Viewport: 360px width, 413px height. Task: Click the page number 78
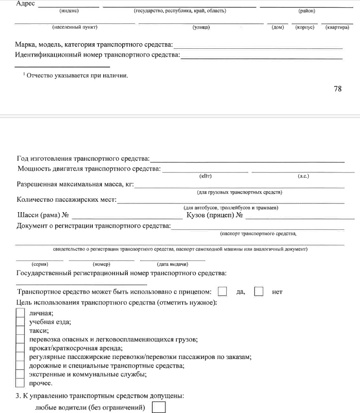pyautogui.click(x=338, y=89)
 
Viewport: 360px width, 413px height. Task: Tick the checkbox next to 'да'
pyautogui.click(x=222, y=292)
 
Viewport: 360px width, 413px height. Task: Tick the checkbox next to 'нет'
pyautogui.click(x=259, y=292)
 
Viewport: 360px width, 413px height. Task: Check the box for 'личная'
pyautogui.click(x=20, y=313)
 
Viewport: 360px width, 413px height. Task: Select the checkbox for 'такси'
pyautogui.click(x=20, y=330)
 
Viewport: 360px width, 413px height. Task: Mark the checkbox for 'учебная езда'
pyautogui.click(x=20, y=322)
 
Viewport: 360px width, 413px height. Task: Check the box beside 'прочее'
pyautogui.click(x=20, y=383)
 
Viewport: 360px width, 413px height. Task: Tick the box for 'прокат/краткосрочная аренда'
pyautogui.click(x=20, y=348)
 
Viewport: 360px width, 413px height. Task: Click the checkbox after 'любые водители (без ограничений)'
pyautogui.click(x=159, y=407)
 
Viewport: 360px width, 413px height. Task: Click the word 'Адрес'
pyautogui.click(x=25, y=3)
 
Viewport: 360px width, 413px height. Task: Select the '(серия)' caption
pyautogui.click(x=39, y=264)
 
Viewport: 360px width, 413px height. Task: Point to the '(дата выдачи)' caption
pyautogui.click(x=173, y=264)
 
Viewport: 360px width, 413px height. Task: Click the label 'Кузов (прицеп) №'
pyautogui.click(x=213, y=215)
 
